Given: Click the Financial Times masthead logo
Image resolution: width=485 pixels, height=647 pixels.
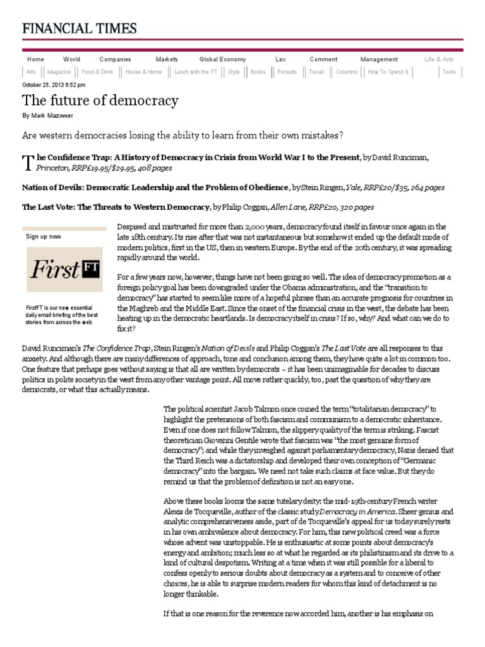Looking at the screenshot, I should [80, 28].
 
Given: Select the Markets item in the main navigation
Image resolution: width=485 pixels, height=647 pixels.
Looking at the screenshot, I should [167, 59].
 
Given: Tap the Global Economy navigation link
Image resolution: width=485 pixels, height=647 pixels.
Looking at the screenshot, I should [222, 59].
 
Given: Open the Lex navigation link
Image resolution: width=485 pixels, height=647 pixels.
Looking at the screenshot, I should [280, 59].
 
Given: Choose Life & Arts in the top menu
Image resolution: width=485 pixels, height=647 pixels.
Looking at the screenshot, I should [438, 59].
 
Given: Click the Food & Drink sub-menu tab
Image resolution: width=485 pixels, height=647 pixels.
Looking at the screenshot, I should [97, 72].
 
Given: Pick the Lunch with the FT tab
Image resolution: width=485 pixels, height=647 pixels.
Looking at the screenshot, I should [195, 72].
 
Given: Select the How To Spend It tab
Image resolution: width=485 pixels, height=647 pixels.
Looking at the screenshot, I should [388, 72].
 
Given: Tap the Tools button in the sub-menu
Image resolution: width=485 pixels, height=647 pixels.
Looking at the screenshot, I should [448, 72].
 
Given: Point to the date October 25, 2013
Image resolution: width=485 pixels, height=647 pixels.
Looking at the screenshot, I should [54, 84].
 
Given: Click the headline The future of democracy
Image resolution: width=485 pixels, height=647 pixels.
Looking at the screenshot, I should [100, 100].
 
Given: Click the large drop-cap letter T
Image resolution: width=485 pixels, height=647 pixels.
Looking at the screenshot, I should [27, 163].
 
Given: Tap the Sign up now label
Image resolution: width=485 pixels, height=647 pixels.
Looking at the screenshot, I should [43, 236].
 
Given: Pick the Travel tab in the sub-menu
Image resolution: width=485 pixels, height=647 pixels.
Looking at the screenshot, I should [316, 72].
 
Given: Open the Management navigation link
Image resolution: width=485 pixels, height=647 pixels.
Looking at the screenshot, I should [379, 59].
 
